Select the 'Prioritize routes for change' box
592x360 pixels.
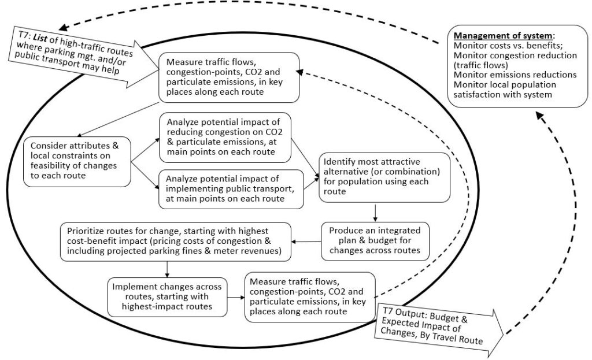[x=173, y=240]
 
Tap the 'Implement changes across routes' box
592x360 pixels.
[x=167, y=296]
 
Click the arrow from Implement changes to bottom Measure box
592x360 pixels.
[x=236, y=297]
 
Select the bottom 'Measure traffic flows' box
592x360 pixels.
[x=305, y=295]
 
